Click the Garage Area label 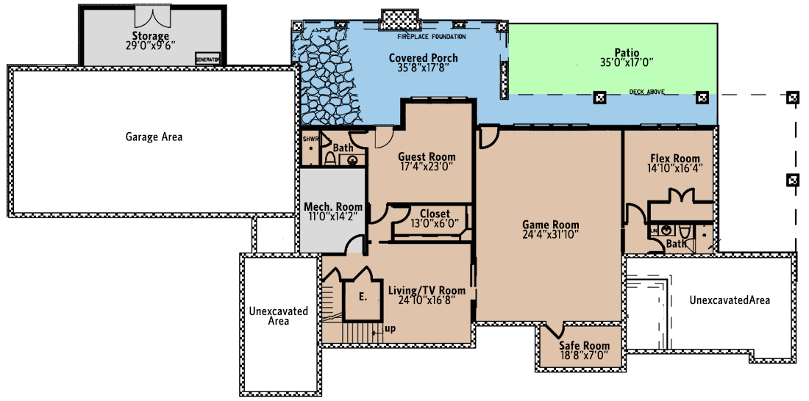(x=154, y=137)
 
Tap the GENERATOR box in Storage (x=207, y=59)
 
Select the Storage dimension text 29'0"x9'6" (x=150, y=46)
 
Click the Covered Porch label (x=423, y=58)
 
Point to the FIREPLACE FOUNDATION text (x=432, y=36)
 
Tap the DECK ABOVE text (x=647, y=92)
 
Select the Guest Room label (x=427, y=156)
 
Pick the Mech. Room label (x=333, y=207)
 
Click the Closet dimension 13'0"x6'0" (x=435, y=224)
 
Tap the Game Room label (x=550, y=225)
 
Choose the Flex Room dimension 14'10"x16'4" (x=674, y=168)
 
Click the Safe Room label (x=584, y=346)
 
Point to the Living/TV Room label (x=427, y=290)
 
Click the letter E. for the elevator (x=363, y=297)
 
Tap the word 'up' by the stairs (x=390, y=328)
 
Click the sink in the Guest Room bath (x=352, y=160)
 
